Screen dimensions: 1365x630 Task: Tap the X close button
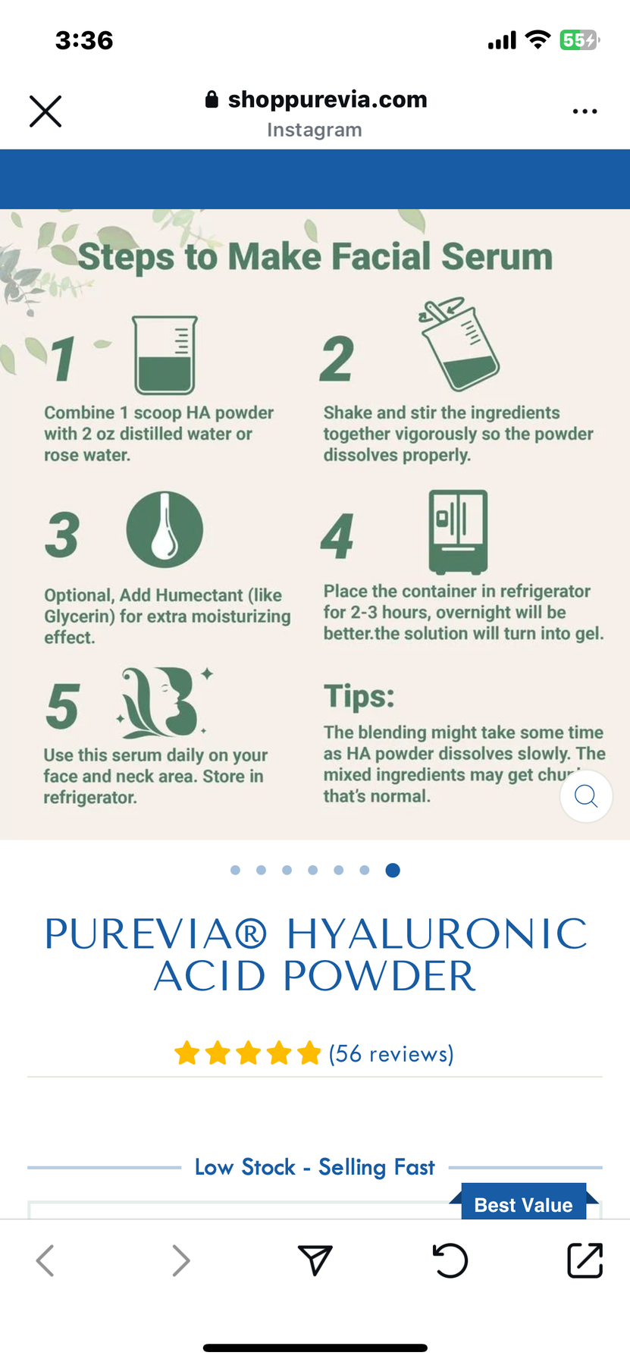[45, 111]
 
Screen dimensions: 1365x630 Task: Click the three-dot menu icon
[585, 111]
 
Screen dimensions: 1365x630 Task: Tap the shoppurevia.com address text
[327, 99]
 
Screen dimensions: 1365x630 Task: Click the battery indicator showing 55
[578, 40]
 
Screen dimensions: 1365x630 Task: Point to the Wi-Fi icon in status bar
[538, 40]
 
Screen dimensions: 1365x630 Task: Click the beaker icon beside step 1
[165, 355]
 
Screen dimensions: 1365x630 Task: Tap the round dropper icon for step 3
[165, 529]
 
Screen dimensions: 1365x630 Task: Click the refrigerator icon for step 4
[458, 531]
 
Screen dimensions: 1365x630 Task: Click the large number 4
[337, 536]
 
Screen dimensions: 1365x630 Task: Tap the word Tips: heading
[359, 696]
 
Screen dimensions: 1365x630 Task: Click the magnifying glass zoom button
[586, 796]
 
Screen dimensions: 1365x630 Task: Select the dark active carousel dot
[393, 870]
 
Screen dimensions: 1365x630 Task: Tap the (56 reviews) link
[390, 1053]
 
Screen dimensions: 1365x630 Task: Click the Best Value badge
[523, 1204]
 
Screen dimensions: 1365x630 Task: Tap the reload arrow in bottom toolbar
[450, 1260]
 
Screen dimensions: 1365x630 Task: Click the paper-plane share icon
[315, 1260]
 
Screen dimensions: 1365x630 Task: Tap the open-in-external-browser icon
[585, 1260]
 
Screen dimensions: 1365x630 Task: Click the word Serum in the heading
[497, 256]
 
